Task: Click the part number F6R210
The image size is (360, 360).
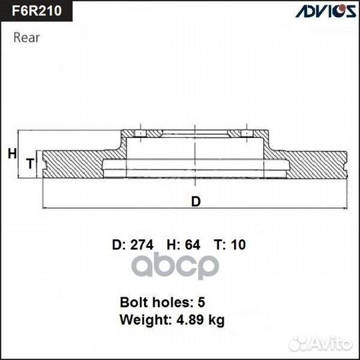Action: coord(35,11)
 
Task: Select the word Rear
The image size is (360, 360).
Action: coord(27,37)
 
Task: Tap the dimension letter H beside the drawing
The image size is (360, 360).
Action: coord(11,154)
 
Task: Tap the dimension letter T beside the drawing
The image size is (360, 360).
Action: coord(29,163)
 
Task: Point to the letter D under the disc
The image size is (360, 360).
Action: coord(195,201)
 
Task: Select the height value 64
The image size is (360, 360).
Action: coord(192,245)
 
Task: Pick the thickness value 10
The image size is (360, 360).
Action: coord(237,245)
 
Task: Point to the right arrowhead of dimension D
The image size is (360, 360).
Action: coord(345,209)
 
